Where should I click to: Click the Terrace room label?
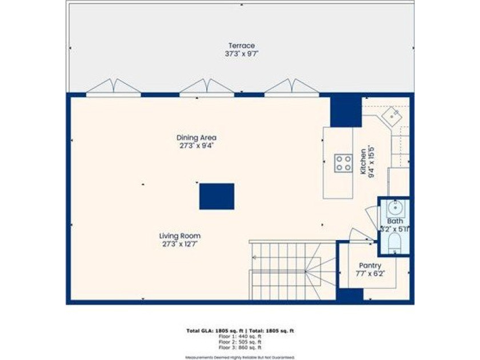[241, 46]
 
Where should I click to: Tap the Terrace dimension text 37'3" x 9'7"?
[241, 54]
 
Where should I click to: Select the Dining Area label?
[196, 138]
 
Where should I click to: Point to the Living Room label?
[179, 235]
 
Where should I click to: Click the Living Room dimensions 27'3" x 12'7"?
[179, 244]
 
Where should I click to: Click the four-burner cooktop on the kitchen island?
[343, 163]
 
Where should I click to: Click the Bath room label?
[395, 221]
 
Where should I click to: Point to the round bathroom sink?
[395, 206]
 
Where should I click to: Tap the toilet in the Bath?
[395, 243]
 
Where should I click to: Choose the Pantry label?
[370, 266]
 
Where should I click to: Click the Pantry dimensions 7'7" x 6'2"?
[370, 274]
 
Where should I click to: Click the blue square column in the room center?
[217, 196]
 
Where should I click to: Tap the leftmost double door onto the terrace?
[113, 87]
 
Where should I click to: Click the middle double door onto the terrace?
[206, 87]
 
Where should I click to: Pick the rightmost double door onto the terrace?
[291, 87]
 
